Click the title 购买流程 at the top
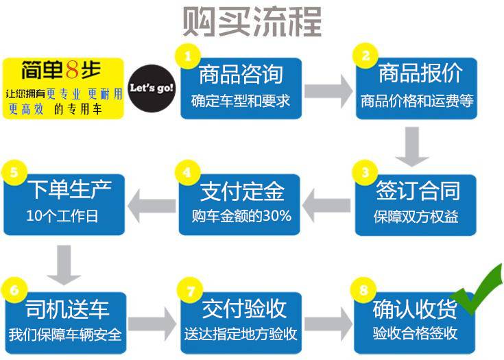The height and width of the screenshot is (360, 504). tap(252, 22)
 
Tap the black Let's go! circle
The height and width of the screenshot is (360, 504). tap(152, 88)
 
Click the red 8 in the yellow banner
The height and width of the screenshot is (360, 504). tap(72, 70)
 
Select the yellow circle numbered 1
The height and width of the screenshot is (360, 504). tap(188, 56)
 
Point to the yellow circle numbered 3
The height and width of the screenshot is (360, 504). tap(365, 173)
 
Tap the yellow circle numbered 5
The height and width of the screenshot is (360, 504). tap(14, 173)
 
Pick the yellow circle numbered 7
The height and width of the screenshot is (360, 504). tap(190, 290)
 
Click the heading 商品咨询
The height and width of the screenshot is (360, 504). tap(241, 75)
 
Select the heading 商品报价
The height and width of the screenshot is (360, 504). tap(420, 73)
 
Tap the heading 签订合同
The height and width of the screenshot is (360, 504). tap(418, 191)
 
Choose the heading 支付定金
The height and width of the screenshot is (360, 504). tap(242, 191)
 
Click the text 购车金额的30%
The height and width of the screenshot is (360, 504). tap(241, 216)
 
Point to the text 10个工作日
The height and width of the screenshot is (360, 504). tap(62, 216)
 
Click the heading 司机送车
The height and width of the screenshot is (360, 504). tap(67, 309)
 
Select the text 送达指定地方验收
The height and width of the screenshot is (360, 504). tap(240, 334)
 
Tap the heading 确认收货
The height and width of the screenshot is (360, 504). tap(415, 309)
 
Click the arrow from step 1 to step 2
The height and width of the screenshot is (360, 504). tap(328, 92)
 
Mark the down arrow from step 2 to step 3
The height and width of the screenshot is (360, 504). tap(411, 147)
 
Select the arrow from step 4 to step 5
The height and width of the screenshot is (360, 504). tap(152, 206)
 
